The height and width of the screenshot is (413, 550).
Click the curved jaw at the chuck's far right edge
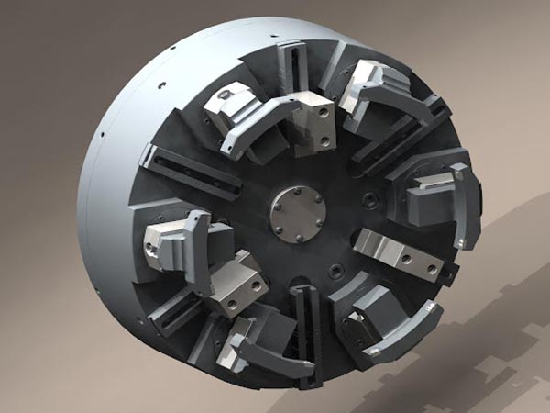(x=463, y=206)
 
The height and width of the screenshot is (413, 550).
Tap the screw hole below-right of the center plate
(x=336, y=271)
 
